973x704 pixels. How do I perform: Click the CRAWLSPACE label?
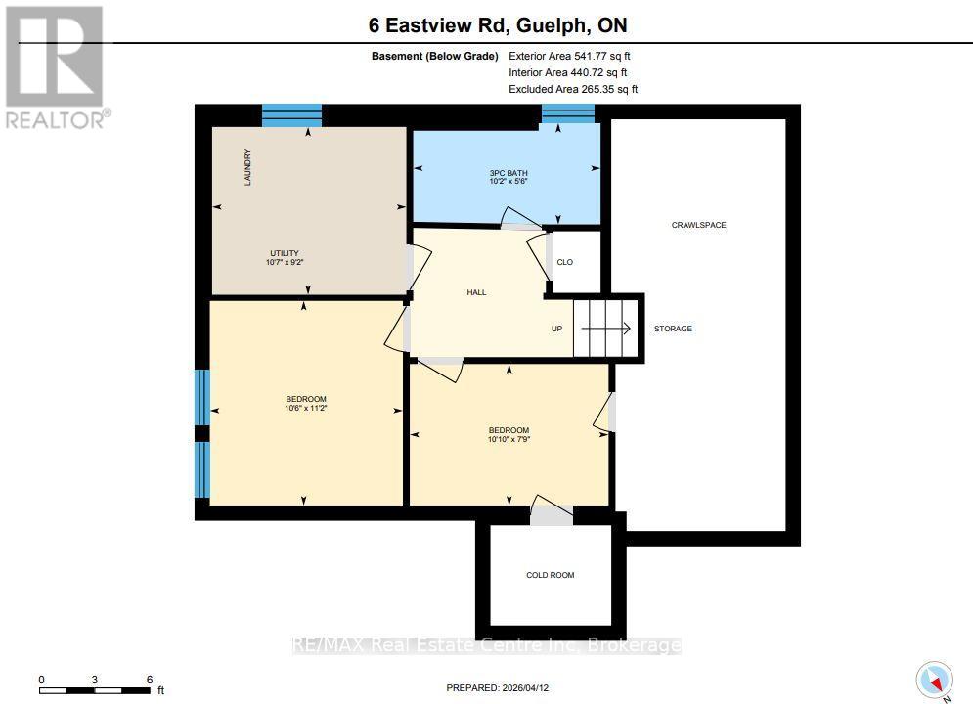[x=698, y=225]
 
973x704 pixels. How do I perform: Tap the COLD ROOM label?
[x=550, y=575]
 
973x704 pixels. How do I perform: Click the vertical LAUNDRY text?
[x=248, y=167]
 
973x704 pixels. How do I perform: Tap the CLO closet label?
[x=564, y=262]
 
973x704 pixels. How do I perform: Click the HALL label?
[x=476, y=292]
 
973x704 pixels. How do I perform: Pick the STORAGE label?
[x=673, y=329]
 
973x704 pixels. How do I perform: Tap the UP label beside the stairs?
[x=556, y=329]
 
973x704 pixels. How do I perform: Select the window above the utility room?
[x=291, y=114]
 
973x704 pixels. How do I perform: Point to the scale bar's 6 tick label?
[x=149, y=679]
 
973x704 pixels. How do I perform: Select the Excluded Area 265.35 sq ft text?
[x=573, y=89]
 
